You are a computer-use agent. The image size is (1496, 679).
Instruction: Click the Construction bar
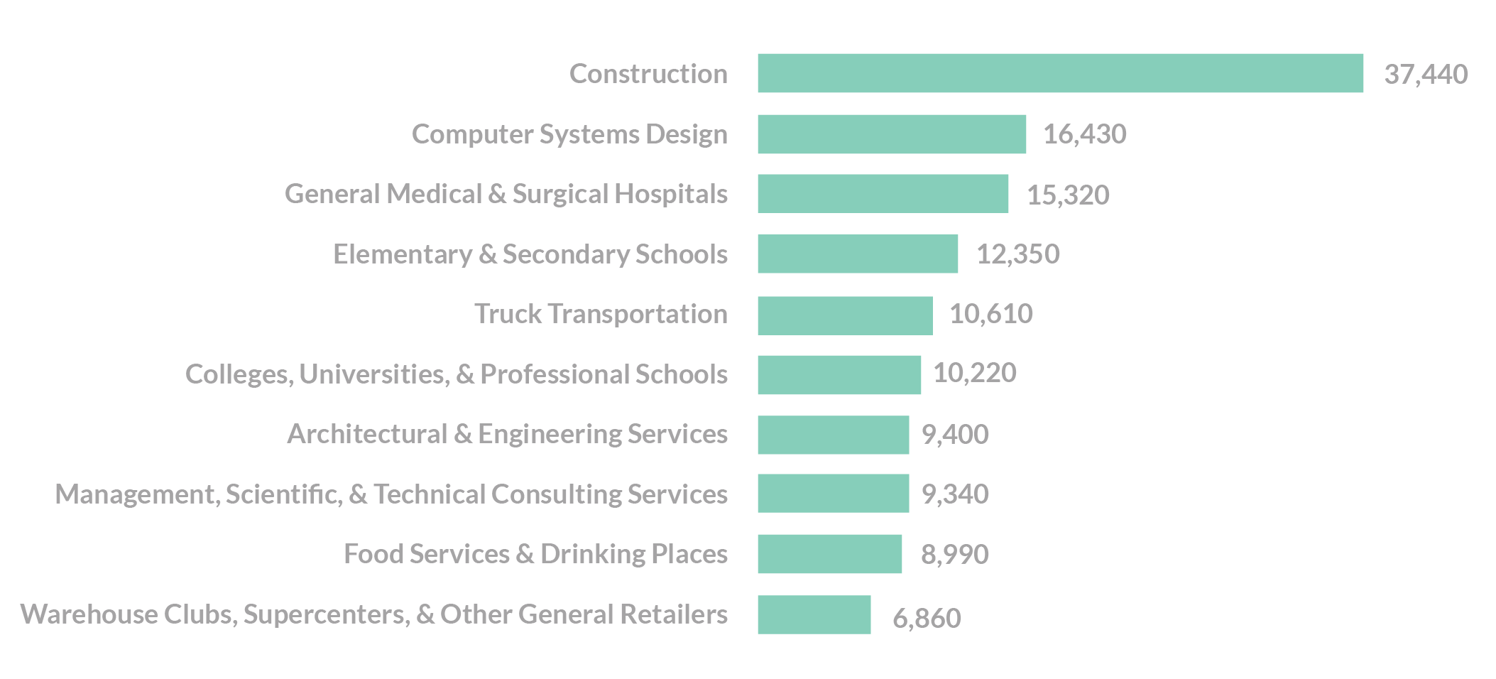pos(1060,73)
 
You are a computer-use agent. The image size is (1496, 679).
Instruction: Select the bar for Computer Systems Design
pos(892,134)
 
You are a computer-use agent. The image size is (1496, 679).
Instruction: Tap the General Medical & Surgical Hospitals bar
pos(883,193)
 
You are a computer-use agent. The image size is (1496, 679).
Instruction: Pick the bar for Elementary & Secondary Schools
pos(858,254)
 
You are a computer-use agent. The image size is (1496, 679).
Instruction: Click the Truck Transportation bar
pos(845,315)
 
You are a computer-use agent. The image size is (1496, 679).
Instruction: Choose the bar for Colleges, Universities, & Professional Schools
pos(839,375)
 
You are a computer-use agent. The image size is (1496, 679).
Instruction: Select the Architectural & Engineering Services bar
pos(833,435)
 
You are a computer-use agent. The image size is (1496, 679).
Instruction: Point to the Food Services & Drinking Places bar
pos(829,554)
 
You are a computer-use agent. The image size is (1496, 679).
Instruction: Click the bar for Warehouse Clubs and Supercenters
pos(814,614)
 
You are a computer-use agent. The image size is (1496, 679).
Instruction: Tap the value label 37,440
pos(1426,75)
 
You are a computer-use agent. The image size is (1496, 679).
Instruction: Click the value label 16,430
pos(1084,134)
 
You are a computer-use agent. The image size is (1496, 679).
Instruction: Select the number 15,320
pos(1068,195)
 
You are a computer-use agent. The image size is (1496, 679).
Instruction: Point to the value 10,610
pos(991,314)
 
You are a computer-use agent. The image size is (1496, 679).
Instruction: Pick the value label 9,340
pos(955,494)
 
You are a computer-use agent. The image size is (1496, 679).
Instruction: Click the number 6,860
pos(927,619)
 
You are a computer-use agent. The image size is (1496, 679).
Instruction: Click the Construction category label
pos(648,74)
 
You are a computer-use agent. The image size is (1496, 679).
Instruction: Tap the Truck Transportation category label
pos(601,314)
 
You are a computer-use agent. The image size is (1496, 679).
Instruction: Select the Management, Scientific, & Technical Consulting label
pos(391,494)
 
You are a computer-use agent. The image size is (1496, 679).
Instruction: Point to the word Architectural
pos(367,434)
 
